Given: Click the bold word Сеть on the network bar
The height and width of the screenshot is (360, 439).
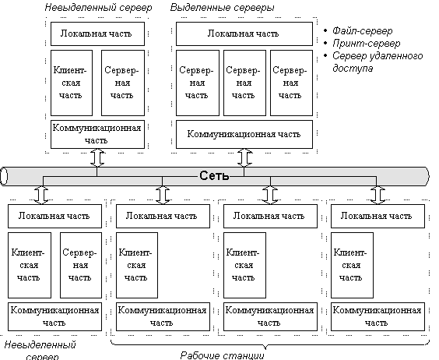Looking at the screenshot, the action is [214, 176].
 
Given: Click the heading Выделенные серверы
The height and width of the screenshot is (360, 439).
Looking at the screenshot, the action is [222, 8].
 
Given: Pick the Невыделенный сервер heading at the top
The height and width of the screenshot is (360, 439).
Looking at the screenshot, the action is [98, 8].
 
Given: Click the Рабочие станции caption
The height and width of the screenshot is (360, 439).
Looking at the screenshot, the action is [222, 355].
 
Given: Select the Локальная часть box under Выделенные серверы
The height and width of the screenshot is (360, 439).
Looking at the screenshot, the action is [244, 34].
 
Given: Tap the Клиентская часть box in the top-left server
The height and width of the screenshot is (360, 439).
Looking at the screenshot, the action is [72, 83].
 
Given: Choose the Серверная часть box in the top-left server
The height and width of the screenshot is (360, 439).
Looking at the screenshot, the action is [123, 83].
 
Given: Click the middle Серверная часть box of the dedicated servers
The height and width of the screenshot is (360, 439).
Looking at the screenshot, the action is [244, 83].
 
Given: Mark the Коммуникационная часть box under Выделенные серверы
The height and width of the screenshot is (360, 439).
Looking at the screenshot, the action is [244, 134].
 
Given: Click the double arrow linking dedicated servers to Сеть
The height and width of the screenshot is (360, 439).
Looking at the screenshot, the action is [244, 158].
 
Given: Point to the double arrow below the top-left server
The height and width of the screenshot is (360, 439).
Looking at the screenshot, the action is [97, 158].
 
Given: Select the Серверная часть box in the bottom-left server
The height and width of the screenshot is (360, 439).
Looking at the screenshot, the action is [81, 265].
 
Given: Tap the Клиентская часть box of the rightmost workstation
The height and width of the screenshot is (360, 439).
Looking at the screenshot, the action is [352, 265].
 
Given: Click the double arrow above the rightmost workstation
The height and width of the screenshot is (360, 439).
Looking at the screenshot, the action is [378, 195].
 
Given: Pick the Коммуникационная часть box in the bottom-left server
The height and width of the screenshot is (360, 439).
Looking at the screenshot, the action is [54, 316].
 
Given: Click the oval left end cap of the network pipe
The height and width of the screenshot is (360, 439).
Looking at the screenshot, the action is [4, 176].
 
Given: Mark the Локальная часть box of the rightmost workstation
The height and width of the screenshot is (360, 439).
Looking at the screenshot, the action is [378, 216].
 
